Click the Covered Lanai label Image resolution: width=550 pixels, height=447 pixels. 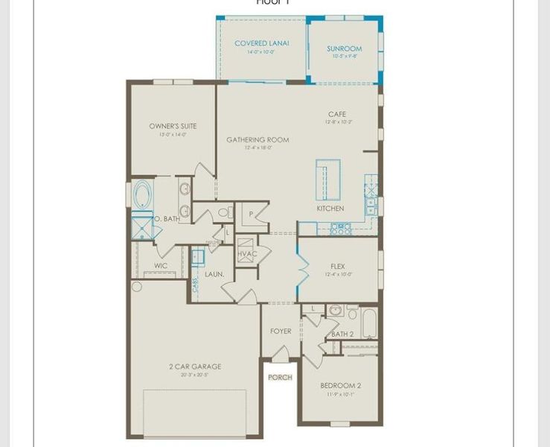click(x=262, y=43)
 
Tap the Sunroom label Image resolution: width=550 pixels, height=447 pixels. click(x=344, y=49)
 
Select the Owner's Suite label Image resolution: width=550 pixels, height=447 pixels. click(x=173, y=127)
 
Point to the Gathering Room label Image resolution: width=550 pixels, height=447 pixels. click(x=258, y=139)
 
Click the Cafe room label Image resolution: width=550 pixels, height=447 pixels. click(x=337, y=115)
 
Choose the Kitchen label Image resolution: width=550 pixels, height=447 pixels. click(x=330, y=209)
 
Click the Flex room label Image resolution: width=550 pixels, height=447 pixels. click(x=337, y=266)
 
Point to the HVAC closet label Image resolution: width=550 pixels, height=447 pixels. click(x=247, y=254)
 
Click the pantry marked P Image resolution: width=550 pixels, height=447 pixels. click(x=252, y=214)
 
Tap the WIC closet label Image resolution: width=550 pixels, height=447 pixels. click(x=161, y=265)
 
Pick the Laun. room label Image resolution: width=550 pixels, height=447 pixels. click(x=214, y=274)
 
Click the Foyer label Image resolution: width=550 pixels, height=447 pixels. click(x=281, y=331)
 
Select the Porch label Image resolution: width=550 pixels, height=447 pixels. click(x=280, y=377)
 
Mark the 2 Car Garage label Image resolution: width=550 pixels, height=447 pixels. click(x=194, y=367)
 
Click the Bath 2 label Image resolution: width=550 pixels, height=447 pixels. click(x=342, y=334)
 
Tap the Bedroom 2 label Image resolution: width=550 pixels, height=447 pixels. click(x=340, y=385)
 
